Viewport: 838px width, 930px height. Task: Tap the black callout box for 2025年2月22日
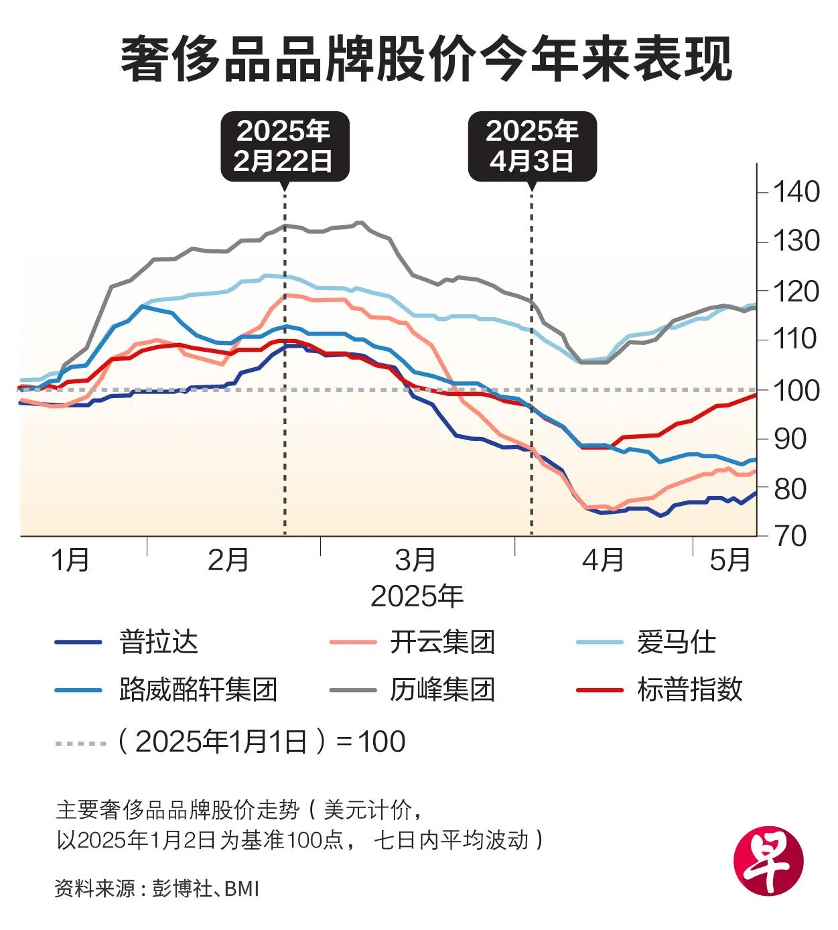(x=285, y=146)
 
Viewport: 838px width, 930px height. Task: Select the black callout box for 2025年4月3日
(x=532, y=146)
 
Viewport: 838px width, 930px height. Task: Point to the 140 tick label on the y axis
(x=796, y=192)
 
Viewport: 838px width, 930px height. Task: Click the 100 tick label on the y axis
(x=796, y=390)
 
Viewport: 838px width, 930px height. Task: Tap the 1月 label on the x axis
(x=70, y=559)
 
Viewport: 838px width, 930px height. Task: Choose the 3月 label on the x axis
(x=415, y=559)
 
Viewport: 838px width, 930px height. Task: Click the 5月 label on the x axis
(x=729, y=559)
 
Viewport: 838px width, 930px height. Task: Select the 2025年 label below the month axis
(x=417, y=596)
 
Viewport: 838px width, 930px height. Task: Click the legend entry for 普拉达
(x=158, y=642)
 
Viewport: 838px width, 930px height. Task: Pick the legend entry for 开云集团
(x=442, y=642)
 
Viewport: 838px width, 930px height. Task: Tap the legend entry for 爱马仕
(x=676, y=642)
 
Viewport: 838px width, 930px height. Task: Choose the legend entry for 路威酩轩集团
(x=198, y=689)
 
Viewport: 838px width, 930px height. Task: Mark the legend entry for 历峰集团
(x=442, y=689)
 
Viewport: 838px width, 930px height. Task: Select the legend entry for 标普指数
(x=689, y=689)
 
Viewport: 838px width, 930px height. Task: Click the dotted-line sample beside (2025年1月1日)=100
(x=80, y=742)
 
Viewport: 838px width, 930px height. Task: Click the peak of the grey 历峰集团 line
(x=360, y=222)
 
